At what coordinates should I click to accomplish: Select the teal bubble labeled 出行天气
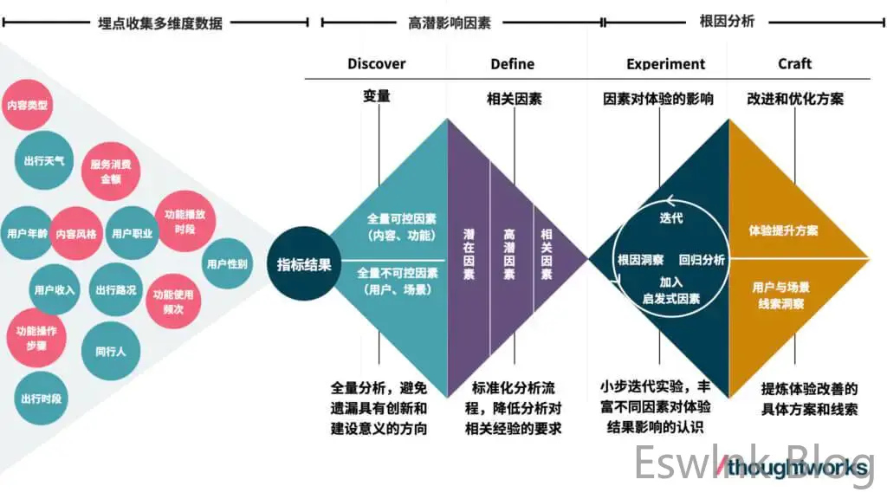46,159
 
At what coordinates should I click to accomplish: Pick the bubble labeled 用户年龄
26,233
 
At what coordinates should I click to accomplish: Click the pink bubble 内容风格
76,233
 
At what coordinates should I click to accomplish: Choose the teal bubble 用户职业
132,233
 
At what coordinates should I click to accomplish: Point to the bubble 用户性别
227,263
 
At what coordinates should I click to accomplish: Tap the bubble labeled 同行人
110,351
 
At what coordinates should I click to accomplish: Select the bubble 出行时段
42,399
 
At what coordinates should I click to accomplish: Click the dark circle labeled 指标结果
303,264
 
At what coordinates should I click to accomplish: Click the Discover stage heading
376,63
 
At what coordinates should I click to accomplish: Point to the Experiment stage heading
665,63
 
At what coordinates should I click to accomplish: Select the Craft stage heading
794,63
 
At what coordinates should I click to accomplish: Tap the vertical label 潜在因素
469,254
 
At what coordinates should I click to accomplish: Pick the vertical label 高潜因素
509,254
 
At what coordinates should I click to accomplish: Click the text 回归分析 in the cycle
702,259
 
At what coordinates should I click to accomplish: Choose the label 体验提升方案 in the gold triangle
783,230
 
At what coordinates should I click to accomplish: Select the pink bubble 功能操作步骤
36,338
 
